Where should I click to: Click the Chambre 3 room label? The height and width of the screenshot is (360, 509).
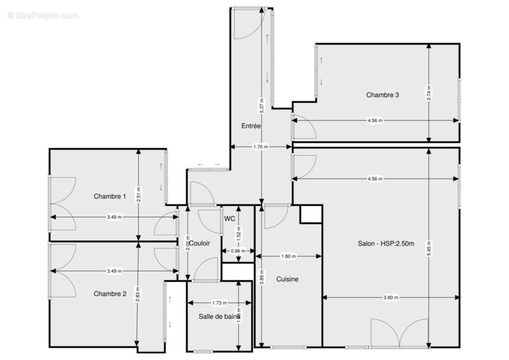click(383, 95)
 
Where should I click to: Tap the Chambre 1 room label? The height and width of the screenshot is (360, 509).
click(110, 196)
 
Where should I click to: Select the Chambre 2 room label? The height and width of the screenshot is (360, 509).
click(110, 294)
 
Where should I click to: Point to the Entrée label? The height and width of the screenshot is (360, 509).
click(251, 126)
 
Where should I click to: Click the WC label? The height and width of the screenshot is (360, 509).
click(230, 219)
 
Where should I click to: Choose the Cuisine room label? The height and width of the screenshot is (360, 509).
click(288, 279)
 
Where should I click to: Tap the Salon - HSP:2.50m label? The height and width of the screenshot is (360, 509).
click(386, 243)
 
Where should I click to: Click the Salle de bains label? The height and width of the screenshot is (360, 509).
click(219, 316)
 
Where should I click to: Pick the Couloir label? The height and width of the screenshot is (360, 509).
click(199, 243)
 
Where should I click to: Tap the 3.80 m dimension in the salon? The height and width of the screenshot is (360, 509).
click(391, 297)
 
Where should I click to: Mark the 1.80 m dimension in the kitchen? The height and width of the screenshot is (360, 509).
click(288, 256)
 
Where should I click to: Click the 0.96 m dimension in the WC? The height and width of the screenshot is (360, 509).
click(238, 251)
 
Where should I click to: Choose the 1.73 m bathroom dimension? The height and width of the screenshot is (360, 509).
click(219, 303)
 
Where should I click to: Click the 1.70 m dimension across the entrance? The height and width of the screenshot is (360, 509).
click(261, 147)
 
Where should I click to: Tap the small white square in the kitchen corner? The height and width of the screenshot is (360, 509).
click(311, 214)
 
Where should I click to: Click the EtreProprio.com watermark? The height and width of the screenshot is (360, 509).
click(43, 16)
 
